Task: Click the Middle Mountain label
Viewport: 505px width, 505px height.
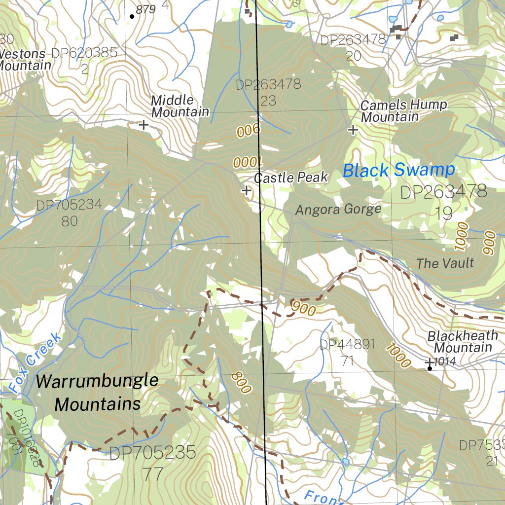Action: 180,106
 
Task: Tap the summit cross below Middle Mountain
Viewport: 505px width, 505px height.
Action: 144,125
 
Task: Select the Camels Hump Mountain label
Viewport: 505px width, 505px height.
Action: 403,111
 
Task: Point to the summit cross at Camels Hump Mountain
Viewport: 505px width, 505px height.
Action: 353,130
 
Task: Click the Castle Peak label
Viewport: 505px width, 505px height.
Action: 291,178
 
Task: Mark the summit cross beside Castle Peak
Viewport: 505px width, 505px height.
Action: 246,190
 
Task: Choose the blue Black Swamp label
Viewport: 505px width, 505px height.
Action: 398,171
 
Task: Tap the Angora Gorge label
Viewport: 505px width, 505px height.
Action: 338,210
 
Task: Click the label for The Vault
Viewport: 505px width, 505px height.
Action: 445,263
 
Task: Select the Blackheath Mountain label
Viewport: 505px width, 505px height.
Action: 462,341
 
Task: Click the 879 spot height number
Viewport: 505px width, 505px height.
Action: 145,9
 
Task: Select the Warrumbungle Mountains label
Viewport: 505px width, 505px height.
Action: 97,393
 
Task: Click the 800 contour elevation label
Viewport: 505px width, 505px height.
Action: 241,383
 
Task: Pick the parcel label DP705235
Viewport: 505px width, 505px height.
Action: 152,453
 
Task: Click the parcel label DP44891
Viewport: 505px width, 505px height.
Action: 347,344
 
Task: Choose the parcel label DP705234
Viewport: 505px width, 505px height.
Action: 69,205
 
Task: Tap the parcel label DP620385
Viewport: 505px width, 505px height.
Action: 84,53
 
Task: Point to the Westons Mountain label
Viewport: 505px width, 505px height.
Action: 25,59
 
